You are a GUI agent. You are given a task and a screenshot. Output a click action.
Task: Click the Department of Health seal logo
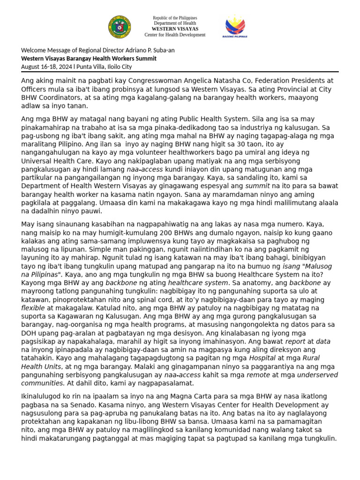[x=120, y=27]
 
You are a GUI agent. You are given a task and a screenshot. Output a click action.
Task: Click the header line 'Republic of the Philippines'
[x=175, y=17]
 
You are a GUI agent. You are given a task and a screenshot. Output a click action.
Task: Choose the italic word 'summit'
[x=257, y=186]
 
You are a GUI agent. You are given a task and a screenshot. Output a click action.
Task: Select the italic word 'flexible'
[x=33, y=308]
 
